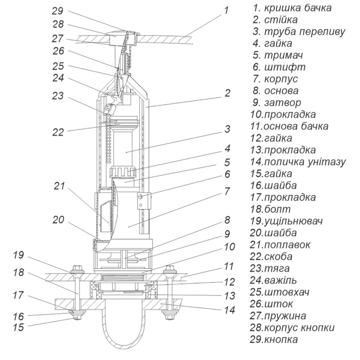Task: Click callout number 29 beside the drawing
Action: click(x=57, y=11)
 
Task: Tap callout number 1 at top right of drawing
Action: click(x=226, y=10)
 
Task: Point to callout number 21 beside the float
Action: click(x=59, y=186)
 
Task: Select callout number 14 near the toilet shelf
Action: click(x=229, y=310)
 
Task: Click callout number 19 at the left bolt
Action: click(x=18, y=255)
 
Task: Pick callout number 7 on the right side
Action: click(x=227, y=191)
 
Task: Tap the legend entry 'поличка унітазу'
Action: click(x=305, y=162)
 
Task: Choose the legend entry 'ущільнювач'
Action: click(x=294, y=221)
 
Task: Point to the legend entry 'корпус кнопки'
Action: click(x=299, y=328)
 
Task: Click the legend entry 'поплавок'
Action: click(x=287, y=245)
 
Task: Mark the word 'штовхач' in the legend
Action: click(x=287, y=292)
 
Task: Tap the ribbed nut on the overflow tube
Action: click(x=123, y=172)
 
